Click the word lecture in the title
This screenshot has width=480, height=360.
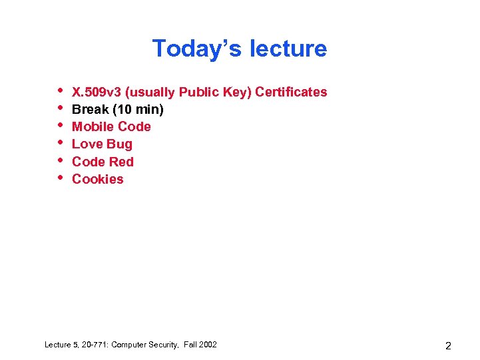tap(288, 49)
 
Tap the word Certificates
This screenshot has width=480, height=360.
tap(291, 92)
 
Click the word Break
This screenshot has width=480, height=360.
tap(90, 109)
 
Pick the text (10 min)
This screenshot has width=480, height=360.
tap(138, 109)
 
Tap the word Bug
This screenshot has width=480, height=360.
tap(120, 144)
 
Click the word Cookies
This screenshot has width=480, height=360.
tap(98, 179)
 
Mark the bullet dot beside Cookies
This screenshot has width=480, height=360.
tap(60, 177)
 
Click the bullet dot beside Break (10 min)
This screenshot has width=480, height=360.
tap(60, 107)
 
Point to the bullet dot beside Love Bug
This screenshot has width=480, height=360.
tap(60, 142)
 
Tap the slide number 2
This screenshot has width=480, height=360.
tap(448, 345)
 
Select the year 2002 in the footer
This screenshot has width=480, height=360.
tap(207, 345)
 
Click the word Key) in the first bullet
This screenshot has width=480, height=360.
tap(236, 92)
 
